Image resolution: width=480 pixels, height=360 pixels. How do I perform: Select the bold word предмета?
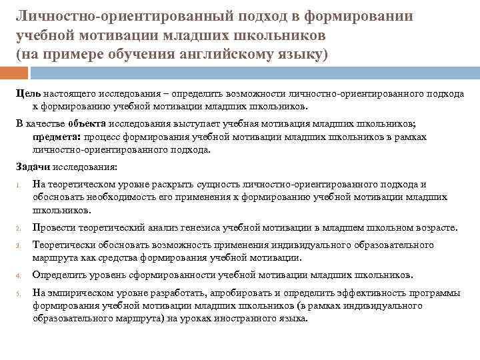click(x=57, y=137)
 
